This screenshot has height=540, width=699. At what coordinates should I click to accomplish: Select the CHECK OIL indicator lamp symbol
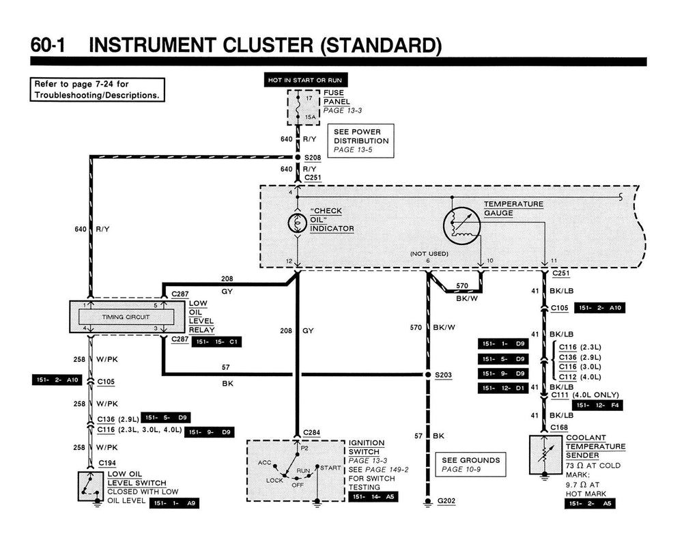[298, 223]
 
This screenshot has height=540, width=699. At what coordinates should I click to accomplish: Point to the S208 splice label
[313, 157]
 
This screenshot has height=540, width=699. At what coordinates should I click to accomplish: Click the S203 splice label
[444, 375]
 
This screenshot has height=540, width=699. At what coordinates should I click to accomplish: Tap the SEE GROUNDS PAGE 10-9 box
[470, 464]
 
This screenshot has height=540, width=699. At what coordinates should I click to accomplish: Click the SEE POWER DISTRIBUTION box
[361, 141]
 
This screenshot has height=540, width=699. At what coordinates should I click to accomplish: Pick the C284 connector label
[312, 432]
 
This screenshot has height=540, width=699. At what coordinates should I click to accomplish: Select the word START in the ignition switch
[330, 468]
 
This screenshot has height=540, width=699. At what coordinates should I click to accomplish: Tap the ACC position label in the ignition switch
[265, 462]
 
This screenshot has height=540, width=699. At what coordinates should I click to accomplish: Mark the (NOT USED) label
[429, 254]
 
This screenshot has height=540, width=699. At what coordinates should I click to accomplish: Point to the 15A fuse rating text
[311, 117]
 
